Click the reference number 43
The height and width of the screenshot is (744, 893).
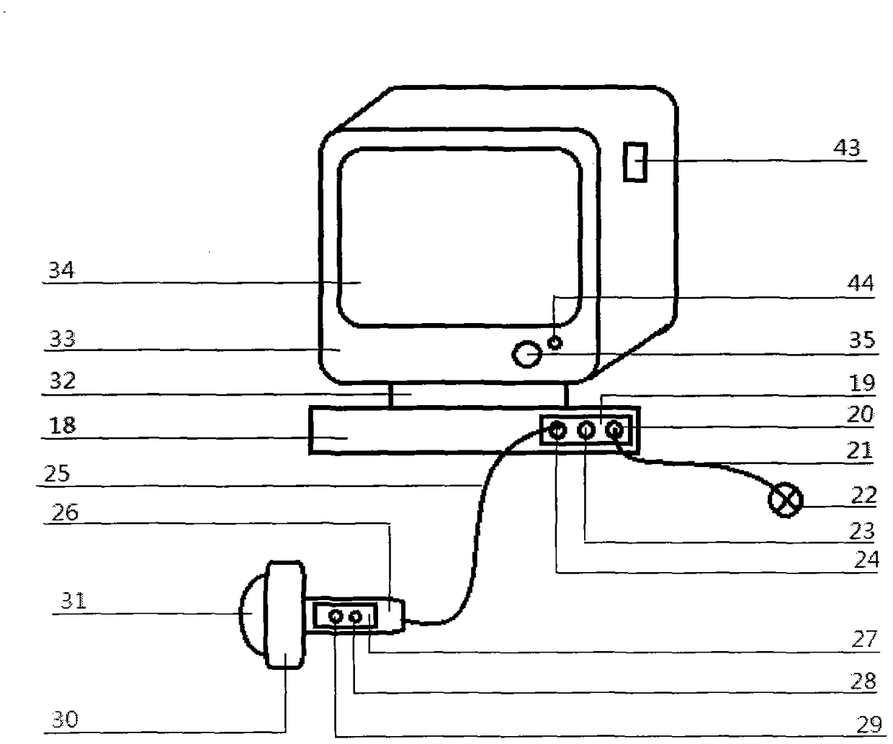click(846, 148)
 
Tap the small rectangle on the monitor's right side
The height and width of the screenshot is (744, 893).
click(634, 162)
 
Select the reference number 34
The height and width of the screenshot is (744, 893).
click(61, 271)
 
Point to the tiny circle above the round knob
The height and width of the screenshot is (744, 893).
click(555, 342)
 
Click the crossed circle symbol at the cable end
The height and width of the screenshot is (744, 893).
click(785, 499)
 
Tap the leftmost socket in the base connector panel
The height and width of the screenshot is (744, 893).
click(557, 431)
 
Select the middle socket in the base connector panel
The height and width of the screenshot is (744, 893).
click(586, 431)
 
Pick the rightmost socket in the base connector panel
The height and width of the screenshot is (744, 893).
click(614, 431)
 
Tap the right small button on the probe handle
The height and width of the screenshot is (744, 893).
click(355, 617)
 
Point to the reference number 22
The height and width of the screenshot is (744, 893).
click(863, 494)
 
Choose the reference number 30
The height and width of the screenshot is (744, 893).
click(64, 719)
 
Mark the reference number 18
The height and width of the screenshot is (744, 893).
click(63, 425)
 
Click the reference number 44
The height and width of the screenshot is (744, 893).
click(860, 283)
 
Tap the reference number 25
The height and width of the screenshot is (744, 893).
click(57, 473)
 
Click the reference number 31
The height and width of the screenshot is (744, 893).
click(73, 600)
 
